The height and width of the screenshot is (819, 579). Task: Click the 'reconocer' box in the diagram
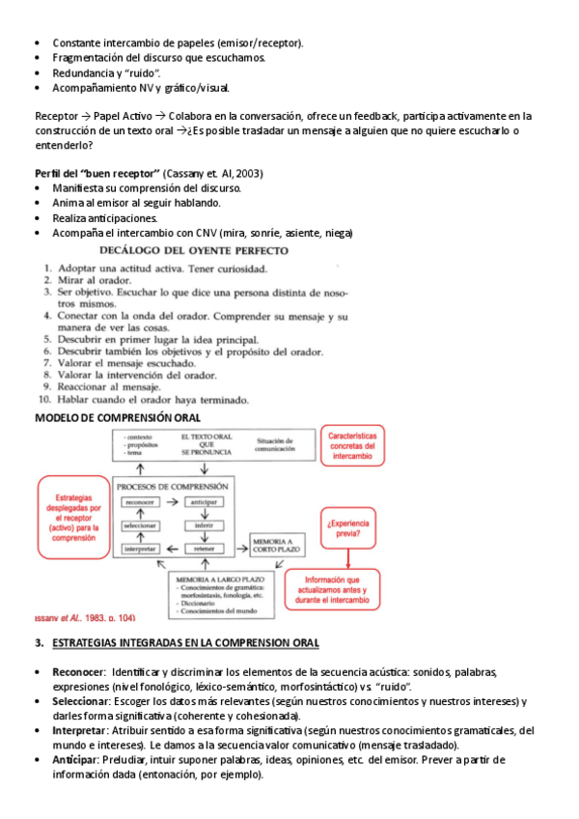(140, 502)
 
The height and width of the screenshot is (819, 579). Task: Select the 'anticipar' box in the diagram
(204, 502)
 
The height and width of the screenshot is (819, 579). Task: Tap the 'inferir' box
(204, 525)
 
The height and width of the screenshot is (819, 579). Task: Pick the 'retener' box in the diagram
(204, 549)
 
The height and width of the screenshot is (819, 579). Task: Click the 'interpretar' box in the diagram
(140, 549)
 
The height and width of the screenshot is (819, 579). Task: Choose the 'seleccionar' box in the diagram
(140, 525)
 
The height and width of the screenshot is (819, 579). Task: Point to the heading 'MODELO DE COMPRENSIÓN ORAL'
(118, 417)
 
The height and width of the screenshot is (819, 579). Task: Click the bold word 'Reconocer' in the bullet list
(78, 671)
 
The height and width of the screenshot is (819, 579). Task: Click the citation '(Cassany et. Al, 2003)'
(213, 173)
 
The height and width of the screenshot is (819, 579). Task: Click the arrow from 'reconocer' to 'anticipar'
(171, 502)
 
